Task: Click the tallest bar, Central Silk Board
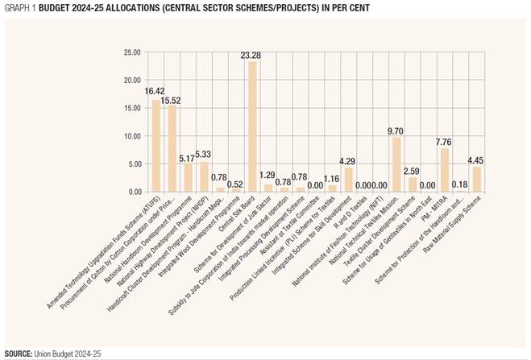(x=252, y=127)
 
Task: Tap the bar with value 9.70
(x=396, y=164)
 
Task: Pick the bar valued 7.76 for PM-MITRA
(x=444, y=170)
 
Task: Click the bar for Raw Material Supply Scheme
(x=477, y=179)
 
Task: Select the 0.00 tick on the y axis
(x=134, y=192)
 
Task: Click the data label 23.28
(x=252, y=56)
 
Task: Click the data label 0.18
(x=461, y=184)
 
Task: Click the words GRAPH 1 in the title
(x=19, y=6)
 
